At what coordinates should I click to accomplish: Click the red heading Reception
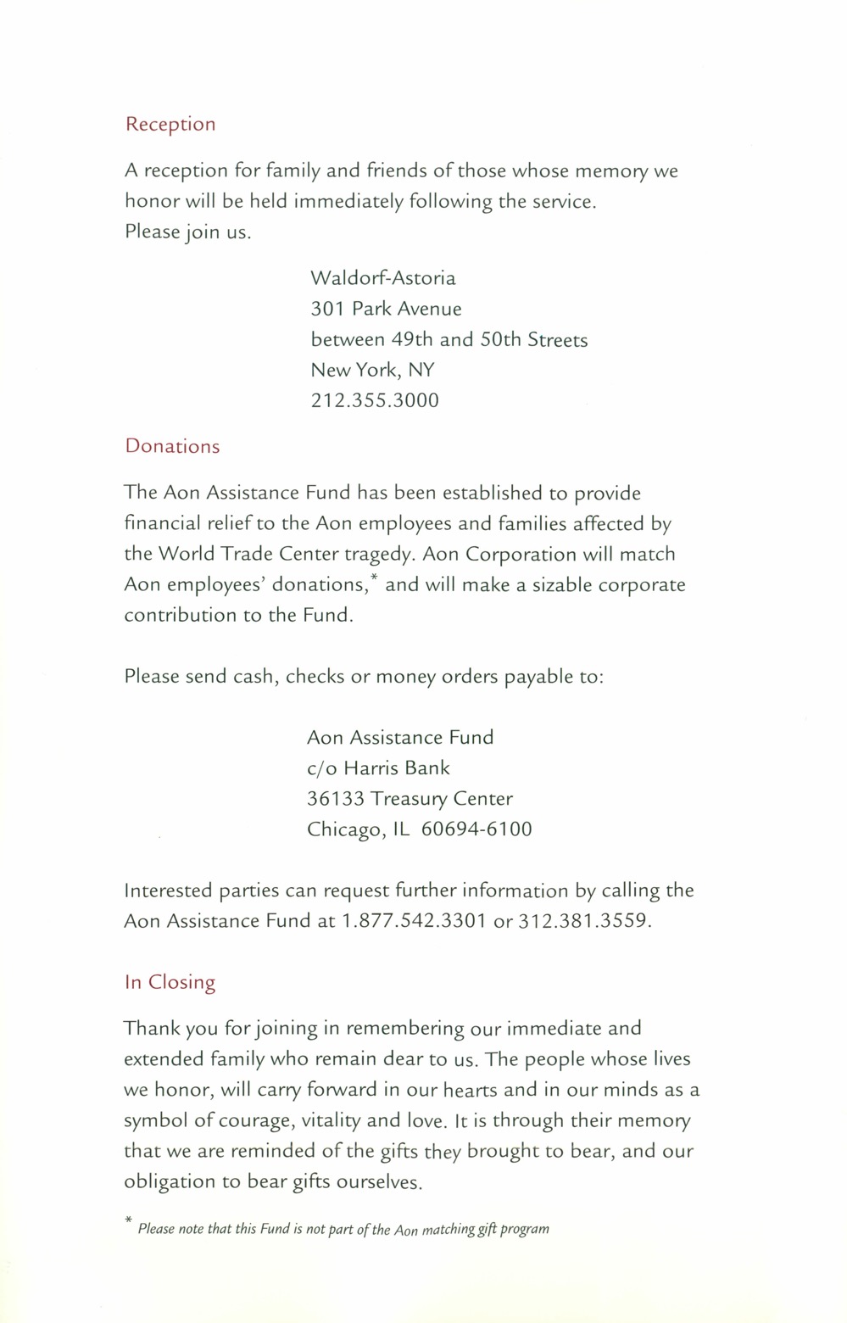point(170,125)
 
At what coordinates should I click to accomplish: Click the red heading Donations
point(172,447)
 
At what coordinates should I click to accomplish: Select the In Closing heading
point(170,982)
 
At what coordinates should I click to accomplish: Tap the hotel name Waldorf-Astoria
point(382,278)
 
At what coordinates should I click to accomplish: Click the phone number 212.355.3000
point(375,400)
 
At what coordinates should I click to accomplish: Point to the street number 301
point(326,309)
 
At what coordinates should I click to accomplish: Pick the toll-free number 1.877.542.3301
point(414,921)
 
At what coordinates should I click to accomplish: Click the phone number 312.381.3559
point(584,921)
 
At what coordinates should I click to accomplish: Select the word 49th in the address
point(412,340)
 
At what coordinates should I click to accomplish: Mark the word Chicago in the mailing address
point(343,829)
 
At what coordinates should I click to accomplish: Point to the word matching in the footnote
point(448,1229)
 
